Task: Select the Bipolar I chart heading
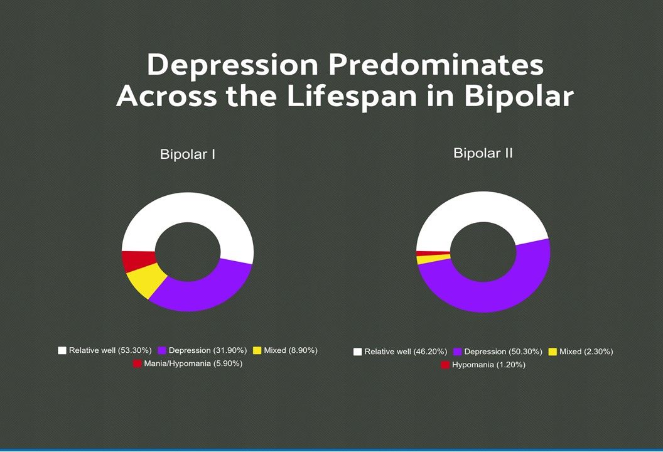(188, 154)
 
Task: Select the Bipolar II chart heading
(483, 153)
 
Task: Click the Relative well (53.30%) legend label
(110, 350)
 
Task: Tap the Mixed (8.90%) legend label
(290, 350)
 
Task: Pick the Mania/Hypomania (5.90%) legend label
(193, 363)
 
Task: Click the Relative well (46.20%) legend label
(405, 352)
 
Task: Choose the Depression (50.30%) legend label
(503, 352)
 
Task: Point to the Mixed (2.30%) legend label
(586, 352)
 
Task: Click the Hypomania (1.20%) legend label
(488, 365)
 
